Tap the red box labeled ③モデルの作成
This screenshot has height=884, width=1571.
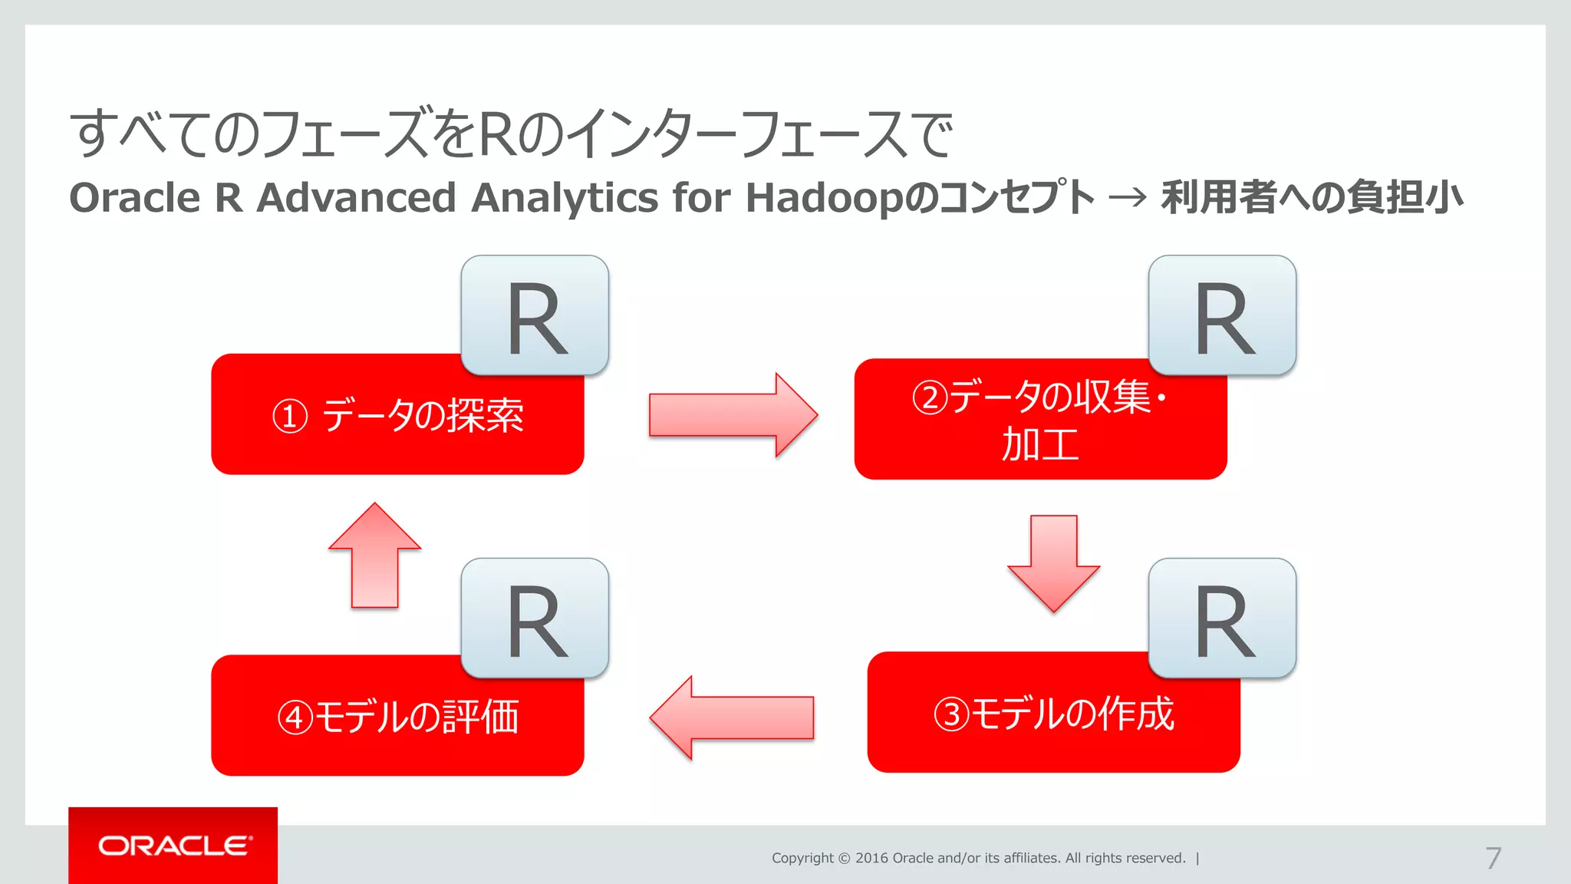1052,721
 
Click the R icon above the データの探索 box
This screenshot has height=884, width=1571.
535,315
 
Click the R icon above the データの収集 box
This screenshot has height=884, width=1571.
1222,315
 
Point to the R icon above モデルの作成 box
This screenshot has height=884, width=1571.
1222,618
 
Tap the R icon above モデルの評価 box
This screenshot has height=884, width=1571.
535,618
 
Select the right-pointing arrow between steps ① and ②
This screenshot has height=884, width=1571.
733,415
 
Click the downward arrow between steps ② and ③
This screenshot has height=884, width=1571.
1054,563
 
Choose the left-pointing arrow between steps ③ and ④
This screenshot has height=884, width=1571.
731,717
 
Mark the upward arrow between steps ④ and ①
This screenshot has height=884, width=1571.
374,556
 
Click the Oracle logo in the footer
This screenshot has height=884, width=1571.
173,846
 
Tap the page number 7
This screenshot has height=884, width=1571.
1493,858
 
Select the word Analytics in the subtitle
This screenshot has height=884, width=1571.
565,197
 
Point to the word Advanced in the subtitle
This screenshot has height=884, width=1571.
356,197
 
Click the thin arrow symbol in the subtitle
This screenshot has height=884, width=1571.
1128,198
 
